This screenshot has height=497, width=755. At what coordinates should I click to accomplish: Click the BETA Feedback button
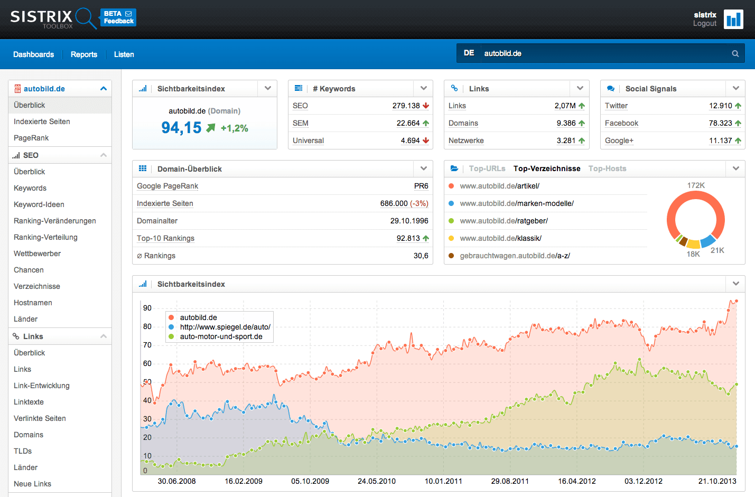pos(118,17)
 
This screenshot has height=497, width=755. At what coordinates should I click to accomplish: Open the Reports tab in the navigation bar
pos(84,54)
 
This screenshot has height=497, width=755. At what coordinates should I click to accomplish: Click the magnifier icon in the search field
pos(735,53)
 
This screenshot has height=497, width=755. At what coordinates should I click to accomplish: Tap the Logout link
pos(704,23)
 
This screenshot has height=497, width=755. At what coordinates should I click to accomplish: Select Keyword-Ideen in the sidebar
pos(39,204)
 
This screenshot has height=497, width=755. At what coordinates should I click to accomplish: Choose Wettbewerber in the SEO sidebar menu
pos(37,254)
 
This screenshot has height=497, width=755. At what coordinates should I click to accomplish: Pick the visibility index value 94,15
pos(181,128)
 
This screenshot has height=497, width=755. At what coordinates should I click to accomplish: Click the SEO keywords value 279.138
pos(406,106)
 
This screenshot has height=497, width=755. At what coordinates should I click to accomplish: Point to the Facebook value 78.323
pos(720,123)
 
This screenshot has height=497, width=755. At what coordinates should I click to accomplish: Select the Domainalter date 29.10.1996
pos(409,221)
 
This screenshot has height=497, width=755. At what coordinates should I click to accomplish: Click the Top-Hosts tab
pos(607,168)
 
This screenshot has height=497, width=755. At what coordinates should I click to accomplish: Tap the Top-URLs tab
pos(487,168)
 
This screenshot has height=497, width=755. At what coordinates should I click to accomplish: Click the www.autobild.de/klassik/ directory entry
pos(500,238)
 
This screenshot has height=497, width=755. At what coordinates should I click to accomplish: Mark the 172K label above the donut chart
pos(696,185)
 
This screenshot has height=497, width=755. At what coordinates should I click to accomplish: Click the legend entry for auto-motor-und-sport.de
pos(221,336)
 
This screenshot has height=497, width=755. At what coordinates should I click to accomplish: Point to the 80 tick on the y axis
pos(147,326)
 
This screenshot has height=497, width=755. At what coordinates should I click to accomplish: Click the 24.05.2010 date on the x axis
pos(377,481)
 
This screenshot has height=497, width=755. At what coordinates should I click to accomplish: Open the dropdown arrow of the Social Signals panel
pos(736,88)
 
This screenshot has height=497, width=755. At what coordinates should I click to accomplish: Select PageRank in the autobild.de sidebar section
pos(31,138)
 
